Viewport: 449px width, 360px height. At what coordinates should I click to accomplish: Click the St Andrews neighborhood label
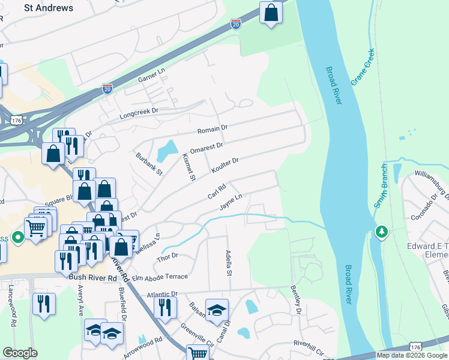[48, 8]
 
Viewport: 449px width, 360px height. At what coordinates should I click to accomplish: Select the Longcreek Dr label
[138, 112]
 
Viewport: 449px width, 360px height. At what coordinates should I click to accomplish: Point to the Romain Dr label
[213, 129]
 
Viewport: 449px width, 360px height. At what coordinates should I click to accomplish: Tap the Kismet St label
[188, 167]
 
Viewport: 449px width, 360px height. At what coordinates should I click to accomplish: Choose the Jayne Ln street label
[231, 202]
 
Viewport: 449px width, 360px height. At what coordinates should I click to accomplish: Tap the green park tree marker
[381, 232]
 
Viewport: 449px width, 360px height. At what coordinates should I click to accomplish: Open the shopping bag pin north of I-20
[271, 13]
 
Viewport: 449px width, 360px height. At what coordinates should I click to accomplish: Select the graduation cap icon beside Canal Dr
[217, 310]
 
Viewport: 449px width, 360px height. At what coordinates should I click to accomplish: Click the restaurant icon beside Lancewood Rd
[44, 304]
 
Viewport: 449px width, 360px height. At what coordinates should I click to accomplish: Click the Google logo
[20, 353]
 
